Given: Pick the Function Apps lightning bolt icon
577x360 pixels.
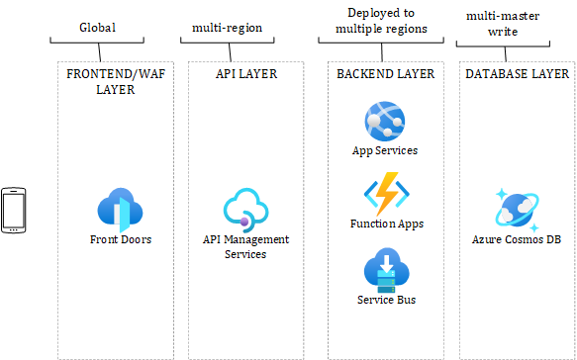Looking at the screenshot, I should click(385, 193).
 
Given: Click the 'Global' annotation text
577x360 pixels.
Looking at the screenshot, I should click(98, 28).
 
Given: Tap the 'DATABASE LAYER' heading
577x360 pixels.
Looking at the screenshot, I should click(517, 73).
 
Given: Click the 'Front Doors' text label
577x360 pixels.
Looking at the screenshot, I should click(120, 239).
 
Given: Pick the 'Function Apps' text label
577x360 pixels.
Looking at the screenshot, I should click(386, 224).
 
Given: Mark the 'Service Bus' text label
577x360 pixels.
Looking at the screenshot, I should click(385, 300).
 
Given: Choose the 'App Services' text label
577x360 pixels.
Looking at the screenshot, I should click(385, 151).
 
